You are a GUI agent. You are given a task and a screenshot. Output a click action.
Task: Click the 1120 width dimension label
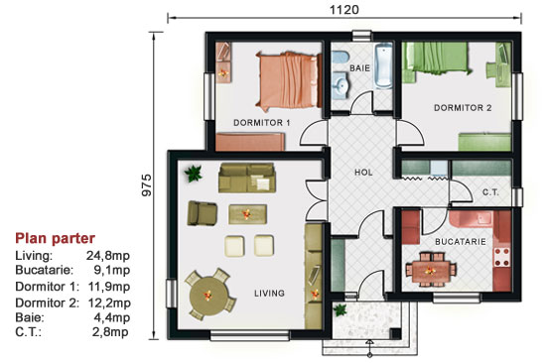(344, 9)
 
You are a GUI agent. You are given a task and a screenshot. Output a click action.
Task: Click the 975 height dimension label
(147, 184)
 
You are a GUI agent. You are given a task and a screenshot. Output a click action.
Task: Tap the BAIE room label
(359, 67)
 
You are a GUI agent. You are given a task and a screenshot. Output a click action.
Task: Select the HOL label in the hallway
(363, 172)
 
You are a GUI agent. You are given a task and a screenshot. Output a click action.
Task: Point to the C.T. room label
(490, 191)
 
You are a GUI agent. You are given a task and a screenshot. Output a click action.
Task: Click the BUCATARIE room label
(461, 241)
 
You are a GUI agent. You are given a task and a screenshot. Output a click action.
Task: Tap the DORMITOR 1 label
(261, 123)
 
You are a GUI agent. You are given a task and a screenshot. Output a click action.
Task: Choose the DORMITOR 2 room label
(463, 108)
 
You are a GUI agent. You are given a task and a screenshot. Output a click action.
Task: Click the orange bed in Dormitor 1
(288, 80)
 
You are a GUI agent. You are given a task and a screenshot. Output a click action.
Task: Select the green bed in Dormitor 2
(437, 60)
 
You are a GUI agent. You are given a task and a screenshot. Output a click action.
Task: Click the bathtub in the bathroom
(384, 66)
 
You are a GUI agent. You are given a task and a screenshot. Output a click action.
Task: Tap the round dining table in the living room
(207, 296)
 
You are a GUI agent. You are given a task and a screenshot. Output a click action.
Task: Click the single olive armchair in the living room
(202, 213)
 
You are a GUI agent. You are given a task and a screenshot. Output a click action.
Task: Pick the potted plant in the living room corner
(194, 173)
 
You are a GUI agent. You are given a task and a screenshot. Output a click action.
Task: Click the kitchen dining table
(431, 271)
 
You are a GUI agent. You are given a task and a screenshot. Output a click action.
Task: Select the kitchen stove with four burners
(501, 256)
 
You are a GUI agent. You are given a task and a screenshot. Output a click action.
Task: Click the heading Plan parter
(55, 238)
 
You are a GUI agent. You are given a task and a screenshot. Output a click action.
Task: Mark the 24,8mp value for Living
(108, 256)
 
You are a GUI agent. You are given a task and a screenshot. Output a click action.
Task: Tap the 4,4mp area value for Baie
(112, 317)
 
